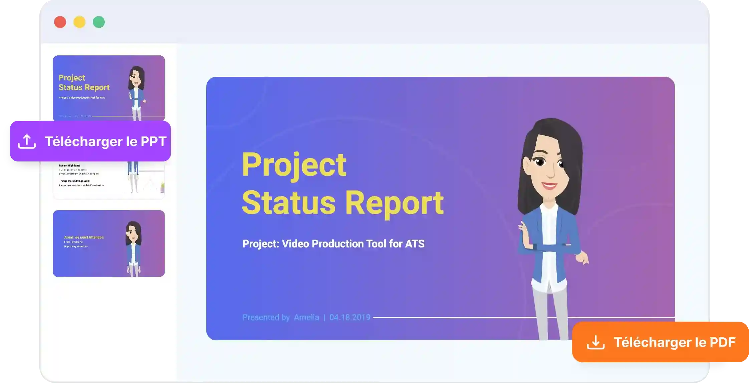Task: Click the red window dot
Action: pos(60,22)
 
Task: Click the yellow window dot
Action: pos(79,22)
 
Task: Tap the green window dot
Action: pos(99,22)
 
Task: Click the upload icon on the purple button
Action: pos(27,141)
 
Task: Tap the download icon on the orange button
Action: pos(596,342)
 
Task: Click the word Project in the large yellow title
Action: pos(294,165)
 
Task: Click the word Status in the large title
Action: pos(289,203)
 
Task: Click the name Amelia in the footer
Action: pos(306,317)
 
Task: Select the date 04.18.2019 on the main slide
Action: pos(350,317)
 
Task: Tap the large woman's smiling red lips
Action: pos(549,185)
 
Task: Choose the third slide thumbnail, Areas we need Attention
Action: pos(108,244)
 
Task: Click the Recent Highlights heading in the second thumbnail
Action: pos(69,165)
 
